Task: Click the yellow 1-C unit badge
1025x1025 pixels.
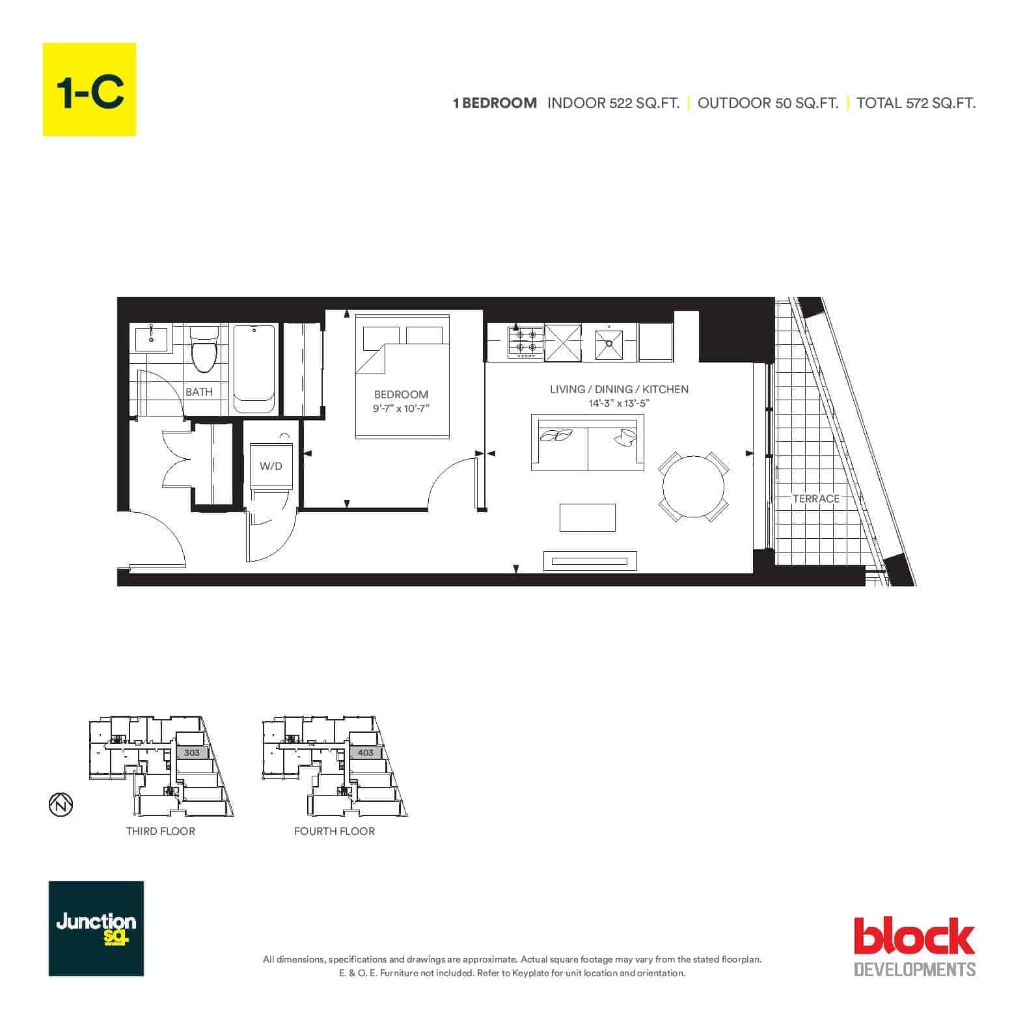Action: click(x=89, y=89)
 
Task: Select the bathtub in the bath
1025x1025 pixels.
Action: click(x=254, y=368)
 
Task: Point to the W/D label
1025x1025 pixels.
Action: click(x=271, y=466)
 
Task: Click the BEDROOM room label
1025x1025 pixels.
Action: click(x=401, y=394)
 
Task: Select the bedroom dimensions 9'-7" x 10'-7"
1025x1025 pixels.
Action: click(x=402, y=409)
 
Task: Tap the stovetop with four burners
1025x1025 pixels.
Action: click(x=526, y=342)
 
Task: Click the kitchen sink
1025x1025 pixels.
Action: click(x=609, y=343)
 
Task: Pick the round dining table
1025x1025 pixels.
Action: click(x=694, y=486)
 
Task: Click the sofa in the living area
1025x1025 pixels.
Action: click(x=588, y=442)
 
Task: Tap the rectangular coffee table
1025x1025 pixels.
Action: click(x=588, y=517)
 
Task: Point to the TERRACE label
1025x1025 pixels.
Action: click(x=816, y=499)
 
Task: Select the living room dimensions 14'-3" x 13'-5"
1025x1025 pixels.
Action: click(x=620, y=403)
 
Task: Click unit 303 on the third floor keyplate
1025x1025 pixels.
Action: click(x=192, y=752)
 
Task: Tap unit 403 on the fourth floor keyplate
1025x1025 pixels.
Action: click(x=366, y=752)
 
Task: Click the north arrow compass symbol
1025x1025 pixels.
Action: click(x=61, y=805)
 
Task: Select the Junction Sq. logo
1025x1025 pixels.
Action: click(x=96, y=929)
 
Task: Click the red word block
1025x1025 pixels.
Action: click(x=914, y=936)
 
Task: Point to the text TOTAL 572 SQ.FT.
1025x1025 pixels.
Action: click(x=916, y=103)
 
